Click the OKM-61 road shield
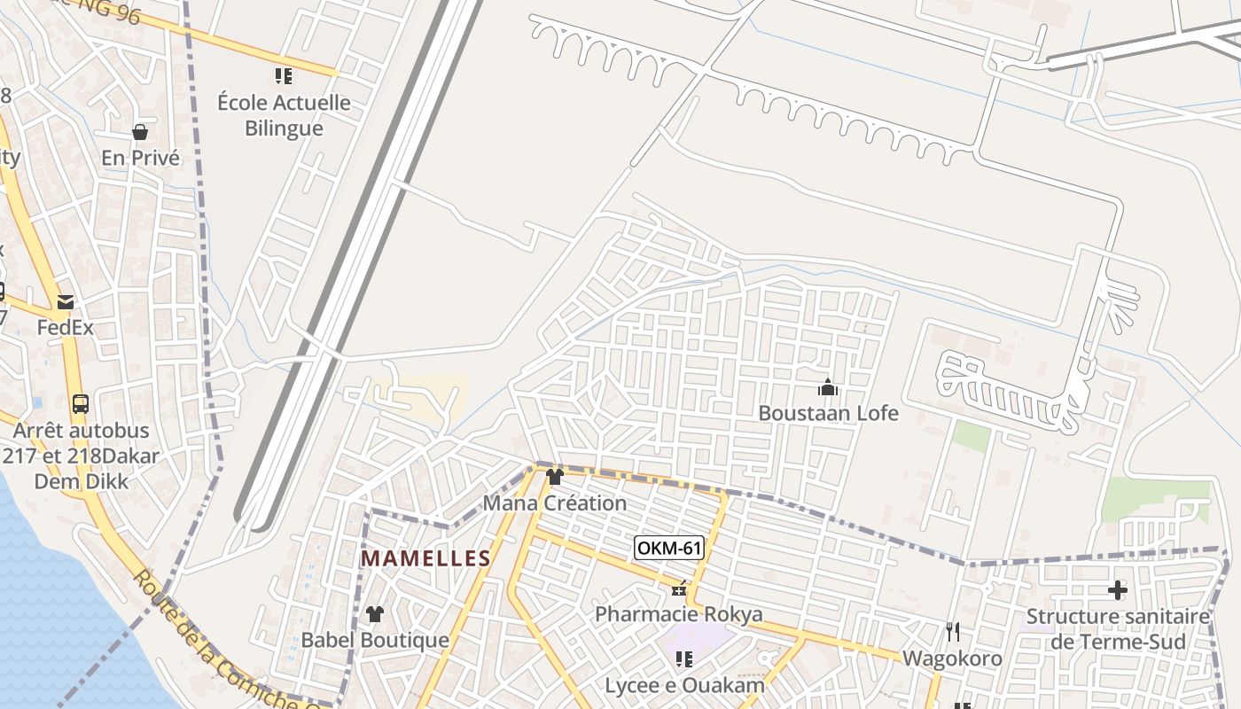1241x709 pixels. pyautogui.click(x=669, y=549)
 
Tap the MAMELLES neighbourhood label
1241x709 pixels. pyautogui.click(x=426, y=558)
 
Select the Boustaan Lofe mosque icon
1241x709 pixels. pyautogui.click(x=828, y=387)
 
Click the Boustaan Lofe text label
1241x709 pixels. pyautogui.click(x=828, y=413)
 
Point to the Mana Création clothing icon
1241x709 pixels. pyautogui.click(x=555, y=477)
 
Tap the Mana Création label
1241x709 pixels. pyautogui.click(x=555, y=503)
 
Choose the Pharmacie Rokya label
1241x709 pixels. pyautogui.click(x=678, y=614)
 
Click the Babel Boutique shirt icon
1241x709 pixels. pyautogui.click(x=375, y=613)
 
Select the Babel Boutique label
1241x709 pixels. pyautogui.click(x=375, y=640)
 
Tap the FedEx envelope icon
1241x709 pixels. pyautogui.click(x=66, y=302)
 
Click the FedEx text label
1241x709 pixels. pyautogui.click(x=65, y=328)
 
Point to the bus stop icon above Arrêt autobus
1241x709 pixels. pyautogui.click(x=80, y=404)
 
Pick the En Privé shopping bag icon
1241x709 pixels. pyautogui.click(x=140, y=132)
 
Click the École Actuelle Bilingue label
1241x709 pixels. pyautogui.click(x=284, y=115)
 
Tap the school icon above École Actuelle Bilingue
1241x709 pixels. pyautogui.click(x=284, y=76)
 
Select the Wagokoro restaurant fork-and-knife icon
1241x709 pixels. pyautogui.click(x=953, y=632)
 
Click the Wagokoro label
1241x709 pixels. pyautogui.click(x=952, y=658)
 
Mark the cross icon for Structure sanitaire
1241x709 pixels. pyautogui.click(x=1118, y=589)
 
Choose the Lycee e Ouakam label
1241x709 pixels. pyautogui.click(x=684, y=685)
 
